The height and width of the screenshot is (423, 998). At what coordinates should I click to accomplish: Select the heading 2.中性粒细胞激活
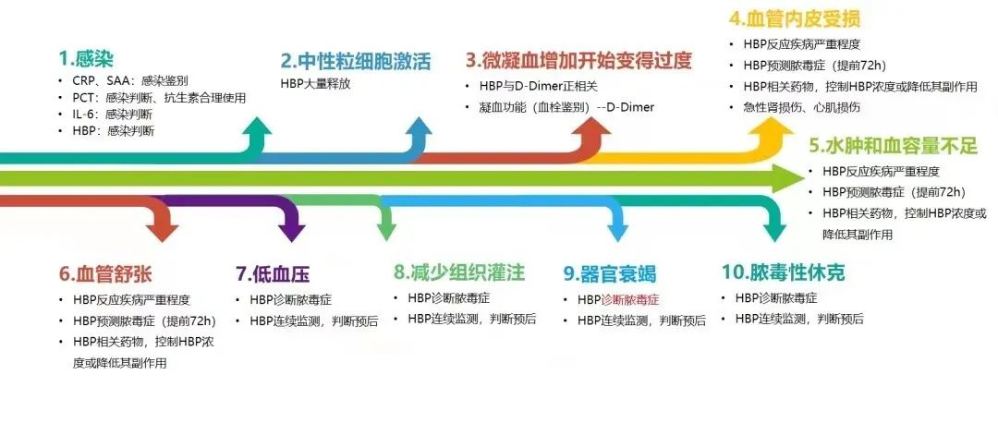(x=356, y=62)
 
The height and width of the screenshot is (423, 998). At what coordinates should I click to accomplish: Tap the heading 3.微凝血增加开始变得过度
(x=578, y=62)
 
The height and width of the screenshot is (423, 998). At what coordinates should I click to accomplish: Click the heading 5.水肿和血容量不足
(x=893, y=146)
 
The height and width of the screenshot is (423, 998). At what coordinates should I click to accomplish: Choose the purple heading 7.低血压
(x=273, y=273)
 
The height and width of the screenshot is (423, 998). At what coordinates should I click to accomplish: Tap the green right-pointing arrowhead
(x=790, y=178)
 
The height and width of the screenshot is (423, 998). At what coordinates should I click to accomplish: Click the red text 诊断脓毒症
(x=630, y=299)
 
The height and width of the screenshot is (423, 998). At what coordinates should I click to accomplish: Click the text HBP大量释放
(x=315, y=84)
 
